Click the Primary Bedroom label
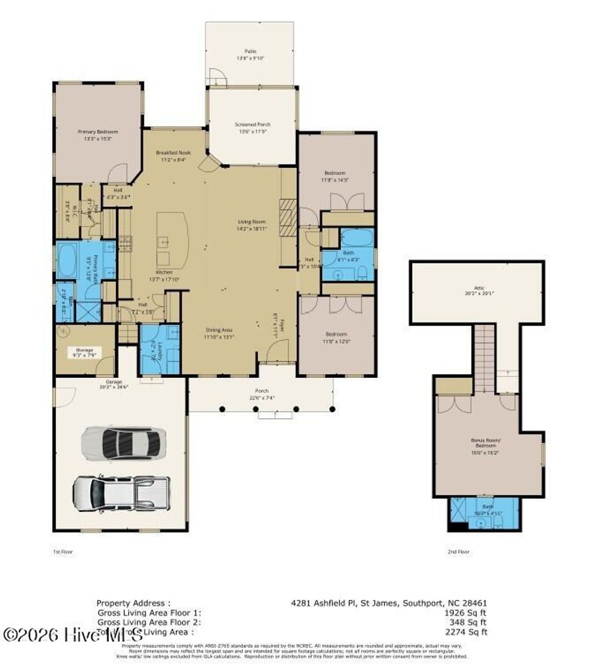pyautogui.click(x=98, y=132)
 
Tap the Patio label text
pyautogui.click(x=250, y=51)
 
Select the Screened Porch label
pyautogui.click(x=252, y=125)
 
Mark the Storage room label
pyautogui.click(x=84, y=350)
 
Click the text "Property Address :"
pyautogui.click(x=133, y=602)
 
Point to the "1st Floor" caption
pyautogui.click(x=63, y=551)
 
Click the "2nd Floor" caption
pyautogui.click(x=459, y=551)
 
